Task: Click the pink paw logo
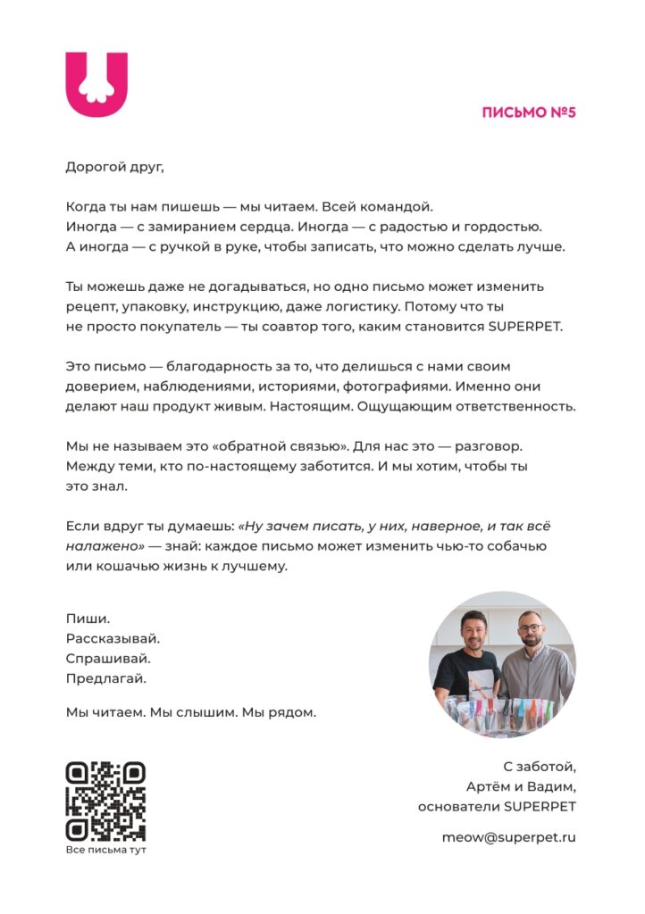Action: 96,85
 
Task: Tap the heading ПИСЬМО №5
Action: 528,112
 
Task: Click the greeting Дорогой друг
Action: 115,166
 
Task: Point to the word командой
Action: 403,207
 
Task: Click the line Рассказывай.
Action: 113,639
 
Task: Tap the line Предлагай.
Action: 106,678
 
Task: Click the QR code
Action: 105,801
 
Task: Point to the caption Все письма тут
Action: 105,850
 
